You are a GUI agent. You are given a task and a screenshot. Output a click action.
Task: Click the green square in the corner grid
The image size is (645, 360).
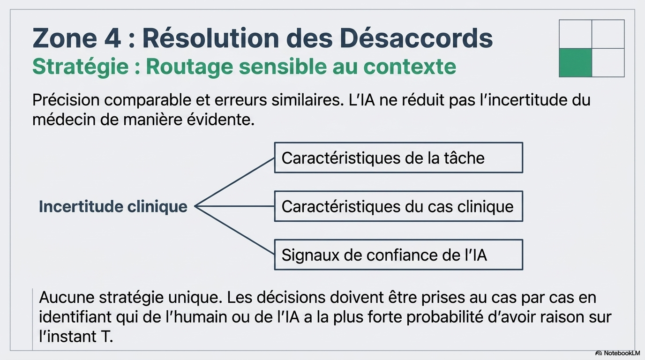tap(575, 63)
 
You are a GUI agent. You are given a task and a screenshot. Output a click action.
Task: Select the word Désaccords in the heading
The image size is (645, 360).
tap(416, 37)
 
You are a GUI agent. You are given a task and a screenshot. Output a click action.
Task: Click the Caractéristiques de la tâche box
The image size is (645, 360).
tap(398, 157)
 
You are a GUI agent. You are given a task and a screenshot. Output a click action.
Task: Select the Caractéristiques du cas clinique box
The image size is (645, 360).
tap(398, 206)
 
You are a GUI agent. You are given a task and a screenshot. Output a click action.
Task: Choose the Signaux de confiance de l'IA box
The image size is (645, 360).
tap(398, 255)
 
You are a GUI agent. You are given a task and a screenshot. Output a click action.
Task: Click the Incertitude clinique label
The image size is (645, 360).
tap(113, 207)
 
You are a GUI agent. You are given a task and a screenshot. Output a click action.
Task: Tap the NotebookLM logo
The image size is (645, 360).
tap(617, 353)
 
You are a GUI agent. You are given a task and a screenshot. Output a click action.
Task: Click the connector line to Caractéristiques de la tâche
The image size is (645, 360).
tap(234, 182)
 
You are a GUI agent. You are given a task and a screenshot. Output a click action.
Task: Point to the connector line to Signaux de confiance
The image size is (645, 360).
tap(234, 231)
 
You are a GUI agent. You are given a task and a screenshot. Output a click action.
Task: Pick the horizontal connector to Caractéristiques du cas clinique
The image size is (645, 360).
tap(234, 206)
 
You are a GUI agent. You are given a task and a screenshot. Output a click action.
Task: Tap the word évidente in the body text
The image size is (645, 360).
tap(221, 120)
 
